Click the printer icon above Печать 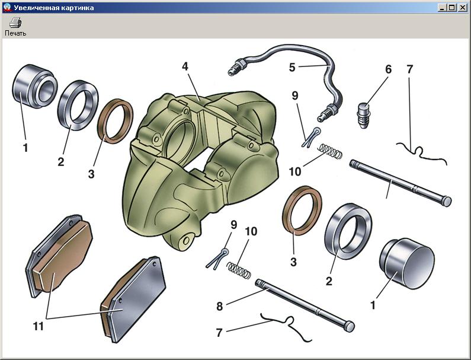[15, 23]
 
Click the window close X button [463, 8]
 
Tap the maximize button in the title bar [451, 8]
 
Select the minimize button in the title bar [442, 8]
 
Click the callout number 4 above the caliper [185, 66]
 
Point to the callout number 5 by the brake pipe [292, 68]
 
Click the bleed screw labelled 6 [364, 116]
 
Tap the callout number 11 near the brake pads [38, 326]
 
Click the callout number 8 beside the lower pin [220, 307]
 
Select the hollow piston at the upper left [35, 87]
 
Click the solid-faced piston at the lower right [406, 264]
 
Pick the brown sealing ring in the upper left [115, 121]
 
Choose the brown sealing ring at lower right [302, 210]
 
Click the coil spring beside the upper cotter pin [330, 151]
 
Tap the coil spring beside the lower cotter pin [239, 270]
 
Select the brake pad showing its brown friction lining [59, 256]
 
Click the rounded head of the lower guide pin [350, 327]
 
